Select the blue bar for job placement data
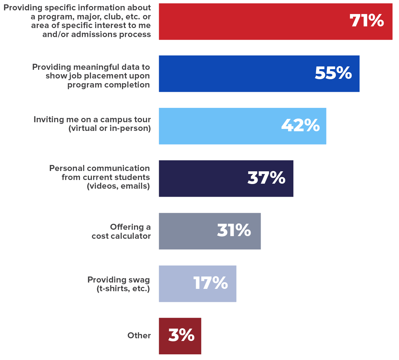pyautogui.click(x=234, y=73)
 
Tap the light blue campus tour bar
pyautogui.click(x=217, y=126)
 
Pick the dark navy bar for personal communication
pyautogui.click(x=201, y=178)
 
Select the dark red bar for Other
pyautogui.click(x=164, y=336)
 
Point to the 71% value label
pyautogui.click(x=367, y=21)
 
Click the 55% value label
pyautogui.click(x=333, y=73)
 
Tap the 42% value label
pyautogui.click(x=300, y=125)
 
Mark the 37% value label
pyautogui.click(x=266, y=178)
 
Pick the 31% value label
pyautogui.click(x=234, y=230)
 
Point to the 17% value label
pyautogui.click(x=211, y=283)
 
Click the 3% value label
pyautogui.click(x=181, y=335)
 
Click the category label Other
pyautogui.click(x=139, y=336)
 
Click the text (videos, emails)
pyautogui.click(x=118, y=186)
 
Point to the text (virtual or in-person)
pyautogui.click(x=110, y=128)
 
